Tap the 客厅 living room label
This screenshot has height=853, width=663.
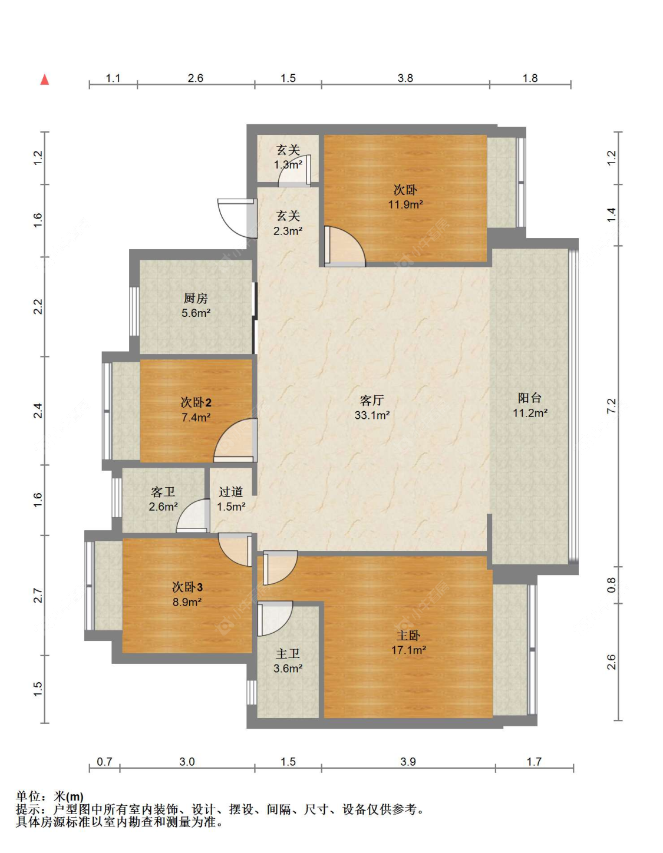(372, 401)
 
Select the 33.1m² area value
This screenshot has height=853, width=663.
(372, 415)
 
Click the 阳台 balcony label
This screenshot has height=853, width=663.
(530, 398)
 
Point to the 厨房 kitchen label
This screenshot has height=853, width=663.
(196, 298)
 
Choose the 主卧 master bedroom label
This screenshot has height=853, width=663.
(408, 635)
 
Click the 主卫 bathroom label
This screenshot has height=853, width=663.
(288, 653)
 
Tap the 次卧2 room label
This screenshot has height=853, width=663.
(196, 402)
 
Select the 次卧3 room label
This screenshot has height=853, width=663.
(187, 587)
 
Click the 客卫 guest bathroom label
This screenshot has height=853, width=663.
(163, 492)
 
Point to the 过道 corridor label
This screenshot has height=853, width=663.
(231, 492)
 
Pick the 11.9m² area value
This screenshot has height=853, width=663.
(405, 204)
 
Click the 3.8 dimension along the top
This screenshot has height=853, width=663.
(405, 78)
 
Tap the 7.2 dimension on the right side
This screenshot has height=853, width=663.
(612, 406)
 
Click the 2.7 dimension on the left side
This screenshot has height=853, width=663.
(38, 595)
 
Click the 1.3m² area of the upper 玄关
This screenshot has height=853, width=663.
(288, 164)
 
